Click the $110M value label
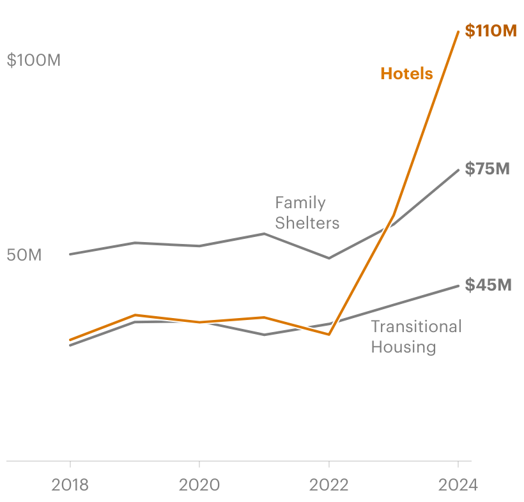click(x=490, y=31)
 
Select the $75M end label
click(x=487, y=169)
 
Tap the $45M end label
click(x=488, y=285)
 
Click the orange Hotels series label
click(x=406, y=73)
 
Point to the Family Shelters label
click(x=307, y=213)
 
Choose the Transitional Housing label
click(x=416, y=337)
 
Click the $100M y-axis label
click(x=33, y=61)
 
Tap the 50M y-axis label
click(x=24, y=255)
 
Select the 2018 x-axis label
click(x=70, y=485)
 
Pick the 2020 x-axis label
click(x=199, y=485)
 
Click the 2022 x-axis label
click(x=329, y=485)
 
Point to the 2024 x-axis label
click(x=458, y=485)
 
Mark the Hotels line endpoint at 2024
click(x=458, y=31)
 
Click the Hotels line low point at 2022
click(x=329, y=334)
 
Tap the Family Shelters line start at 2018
click(x=70, y=254)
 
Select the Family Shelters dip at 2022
click(x=329, y=258)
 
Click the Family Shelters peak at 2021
click(x=264, y=234)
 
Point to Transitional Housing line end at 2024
click(x=458, y=285)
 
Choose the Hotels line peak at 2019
click(x=135, y=314)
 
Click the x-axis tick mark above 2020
click(x=199, y=464)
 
